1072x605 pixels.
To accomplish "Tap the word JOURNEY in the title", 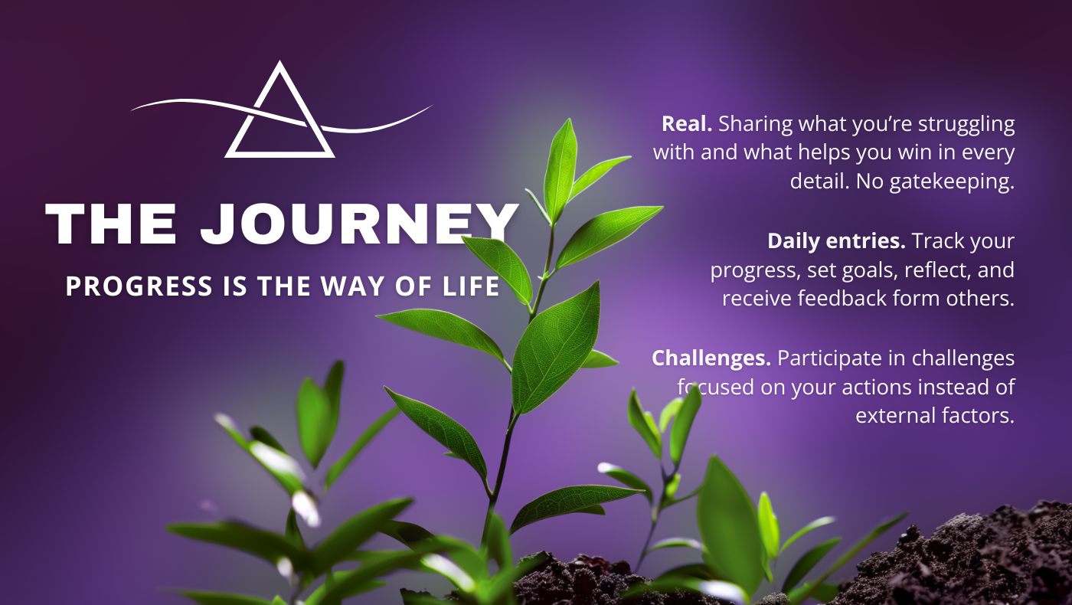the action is [359, 224].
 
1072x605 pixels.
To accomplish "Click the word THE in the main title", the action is [111, 224].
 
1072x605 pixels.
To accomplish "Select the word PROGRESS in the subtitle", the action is [139, 286].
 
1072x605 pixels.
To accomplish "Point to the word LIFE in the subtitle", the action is [471, 286].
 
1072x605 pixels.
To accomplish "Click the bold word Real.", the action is [687, 124].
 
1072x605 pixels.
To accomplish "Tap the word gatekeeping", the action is [952, 182].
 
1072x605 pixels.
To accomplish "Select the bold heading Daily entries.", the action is [836, 241].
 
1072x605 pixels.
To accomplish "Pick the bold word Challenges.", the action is [711, 359].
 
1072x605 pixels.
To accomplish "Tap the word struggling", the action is [966, 125].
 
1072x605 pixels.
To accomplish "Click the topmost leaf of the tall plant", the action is [561, 170].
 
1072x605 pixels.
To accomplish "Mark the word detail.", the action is [819, 181].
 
